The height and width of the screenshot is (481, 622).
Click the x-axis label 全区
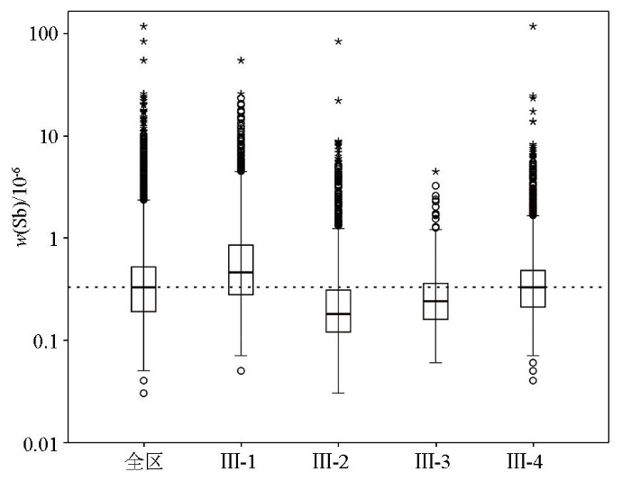pyautogui.click(x=143, y=465)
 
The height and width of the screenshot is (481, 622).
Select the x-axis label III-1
pyautogui.click(x=241, y=465)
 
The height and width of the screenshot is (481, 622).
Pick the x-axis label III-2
pyautogui.click(x=338, y=465)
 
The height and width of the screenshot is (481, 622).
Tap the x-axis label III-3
pyautogui.click(x=435, y=465)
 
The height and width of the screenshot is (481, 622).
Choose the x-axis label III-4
pyautogui.click(x=533, y=465)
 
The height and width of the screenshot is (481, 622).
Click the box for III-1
pyautogui.click(x=241, y=269)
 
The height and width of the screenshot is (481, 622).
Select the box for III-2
pyautogui.click(x=338, y=311)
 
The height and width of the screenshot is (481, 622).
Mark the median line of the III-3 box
pyautogui.click(x=435, y=302)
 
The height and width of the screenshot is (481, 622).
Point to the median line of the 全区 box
pyautogui.click(x=143, y=287)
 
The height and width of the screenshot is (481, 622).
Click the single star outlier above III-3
pyautogui.click(x=435, y=171)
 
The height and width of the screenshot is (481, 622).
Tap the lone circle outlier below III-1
pyautogui.click(x=241, y=371)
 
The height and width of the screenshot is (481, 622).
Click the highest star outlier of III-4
pyautogui.click(x=533, y=27)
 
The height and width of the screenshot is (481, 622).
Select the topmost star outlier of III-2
pyautogui.click(x=338, y=41)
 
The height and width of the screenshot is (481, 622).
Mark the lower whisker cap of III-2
pyautogui.click(x=338, y=394)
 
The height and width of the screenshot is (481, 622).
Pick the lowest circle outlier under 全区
pyautogui.click(x=143, y=394)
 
